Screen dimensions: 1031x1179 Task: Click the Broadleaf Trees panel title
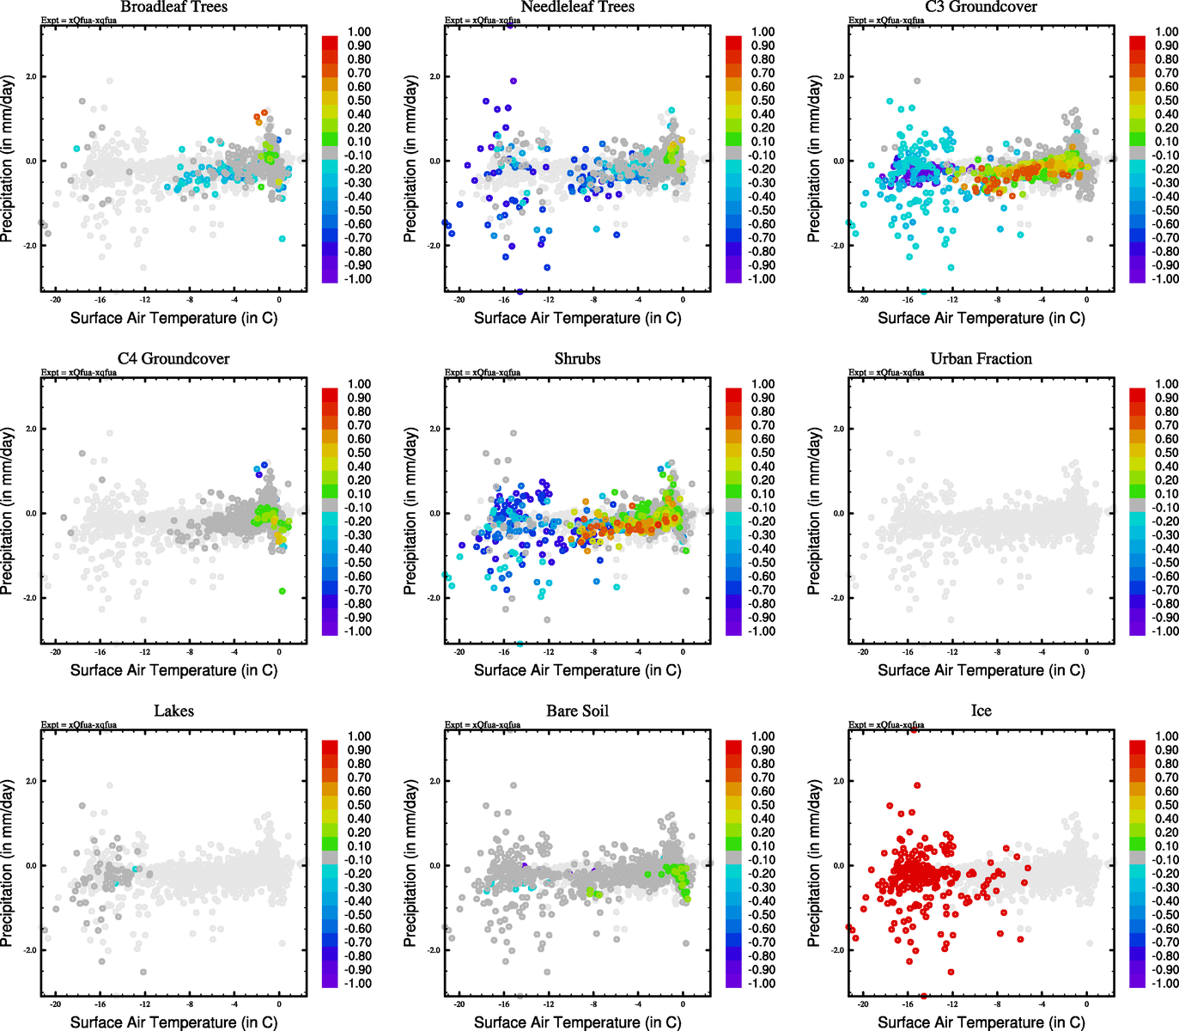pyautogui.click(x=173, y=7)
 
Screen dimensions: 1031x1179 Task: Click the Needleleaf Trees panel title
pyautogui.click(x=577, y=7)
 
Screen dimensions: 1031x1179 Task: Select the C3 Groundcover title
pyautogui.click(x=981, y=7)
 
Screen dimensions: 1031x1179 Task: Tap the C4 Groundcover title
pyautogui.click(x=173, y=359)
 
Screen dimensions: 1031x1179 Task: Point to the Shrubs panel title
pyautogui.click(x=577, y=359)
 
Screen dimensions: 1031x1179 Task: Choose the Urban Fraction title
pyautogui.click(x=981, y=359)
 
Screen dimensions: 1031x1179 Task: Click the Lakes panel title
pyautogui.click(x=173, y=711)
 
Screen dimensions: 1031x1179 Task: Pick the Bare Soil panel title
pyautogui.click(x=577, y=711)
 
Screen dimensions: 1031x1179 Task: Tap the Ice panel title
pyautogui.click(x=981, y=711)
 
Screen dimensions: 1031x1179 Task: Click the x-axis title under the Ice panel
pyautogui.click(x=981, y=1022)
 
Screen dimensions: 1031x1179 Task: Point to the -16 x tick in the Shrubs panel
pyautogui.click(x=504, y=652)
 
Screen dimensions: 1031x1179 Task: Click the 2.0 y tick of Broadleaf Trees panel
pyautogui.click(x=31, y=76)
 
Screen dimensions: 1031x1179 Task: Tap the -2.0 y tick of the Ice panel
pyautogui.click(x=837, y=950)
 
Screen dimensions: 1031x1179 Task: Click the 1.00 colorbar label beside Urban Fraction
pyautogui.click(x=1166, y=384)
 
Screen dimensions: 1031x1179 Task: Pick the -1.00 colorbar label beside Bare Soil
pyautogui.click(x=763, y=984)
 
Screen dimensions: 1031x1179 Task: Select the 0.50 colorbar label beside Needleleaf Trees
pyautogui.click(x=763, y=101)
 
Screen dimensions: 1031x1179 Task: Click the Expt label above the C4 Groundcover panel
pyautogui.click(x=79, y=373)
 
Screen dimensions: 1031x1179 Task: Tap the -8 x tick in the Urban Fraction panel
pyautogui.click(x=997, y=652)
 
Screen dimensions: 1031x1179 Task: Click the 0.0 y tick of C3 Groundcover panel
pyautogui.click(x=838, y=161)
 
